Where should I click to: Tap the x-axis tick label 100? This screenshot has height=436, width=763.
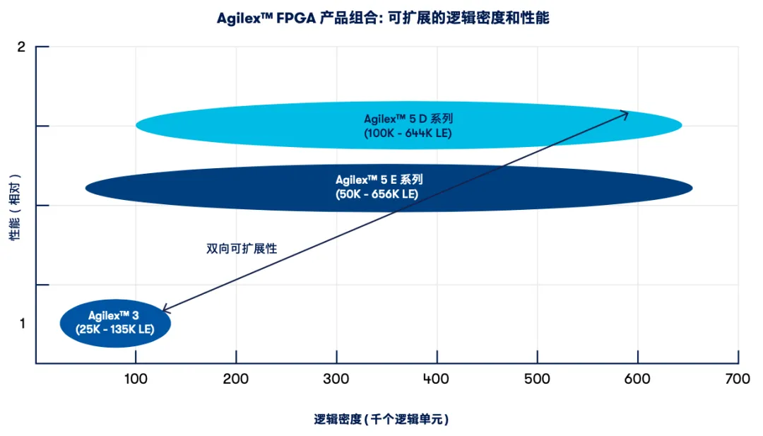coord(135,379)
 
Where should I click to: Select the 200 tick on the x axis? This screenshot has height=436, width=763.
coord(236,379)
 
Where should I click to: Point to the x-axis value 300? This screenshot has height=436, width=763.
coord(336,379)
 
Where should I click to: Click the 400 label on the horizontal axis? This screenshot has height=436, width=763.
coord(437,379)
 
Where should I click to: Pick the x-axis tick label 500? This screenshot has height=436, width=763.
coord(538,379)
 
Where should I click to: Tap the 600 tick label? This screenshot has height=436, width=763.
coord(638,379)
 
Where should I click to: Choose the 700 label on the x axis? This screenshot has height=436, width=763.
coord(738,379)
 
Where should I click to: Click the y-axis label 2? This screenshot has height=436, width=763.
coord(21,47)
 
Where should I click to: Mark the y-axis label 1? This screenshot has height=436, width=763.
coord(21,324)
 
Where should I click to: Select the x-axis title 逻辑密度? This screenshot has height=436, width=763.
coord(381,419)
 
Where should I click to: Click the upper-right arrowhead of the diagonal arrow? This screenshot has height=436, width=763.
coord(626,112)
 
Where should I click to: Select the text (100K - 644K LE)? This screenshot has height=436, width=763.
coord(408,132)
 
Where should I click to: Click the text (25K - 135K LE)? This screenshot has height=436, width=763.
coord(114,329)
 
